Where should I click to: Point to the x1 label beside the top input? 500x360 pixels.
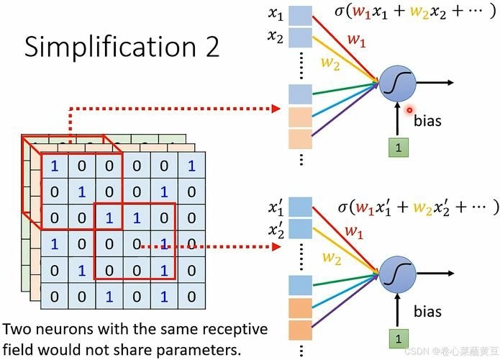pyautogui.click(x=274, y=15)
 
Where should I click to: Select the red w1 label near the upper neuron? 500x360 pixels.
pyautogui.click(x=355, y=40)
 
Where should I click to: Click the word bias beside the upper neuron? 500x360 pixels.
pyautogui.click(x=427, y=121)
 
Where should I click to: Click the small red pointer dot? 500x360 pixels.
pyautogui.click(x=409, y=110)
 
